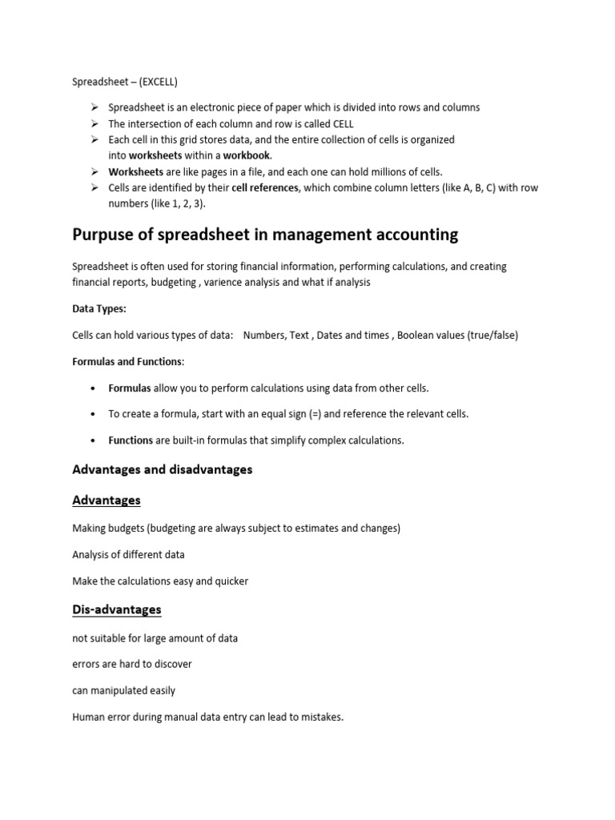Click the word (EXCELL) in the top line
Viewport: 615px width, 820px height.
pos(159,82)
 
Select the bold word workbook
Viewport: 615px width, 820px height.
pos(247,155)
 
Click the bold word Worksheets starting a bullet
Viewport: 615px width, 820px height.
pos(135,171)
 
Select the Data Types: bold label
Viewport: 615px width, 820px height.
pos(98,308)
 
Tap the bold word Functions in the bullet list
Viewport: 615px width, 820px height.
pos(131,440)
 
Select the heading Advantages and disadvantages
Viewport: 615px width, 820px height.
pos(162,470)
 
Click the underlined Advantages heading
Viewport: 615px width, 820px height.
pos(106,500)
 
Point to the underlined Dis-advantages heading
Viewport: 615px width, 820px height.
pos(116,609)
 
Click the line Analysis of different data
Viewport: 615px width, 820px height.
pos(128,554)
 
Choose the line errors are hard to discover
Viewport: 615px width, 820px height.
pos(132,665)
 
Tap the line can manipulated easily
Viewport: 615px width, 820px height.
pos(123,690)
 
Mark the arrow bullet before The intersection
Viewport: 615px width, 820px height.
pos(94,123)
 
